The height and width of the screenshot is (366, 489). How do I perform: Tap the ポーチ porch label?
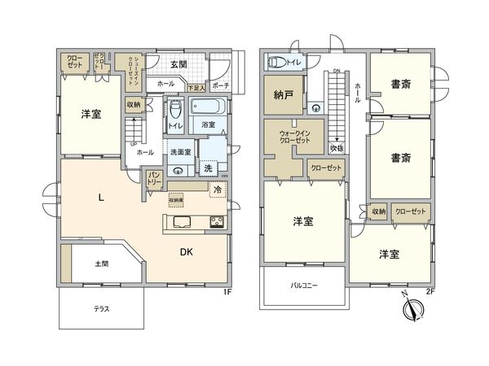pyautogui.click(x=220, y=85)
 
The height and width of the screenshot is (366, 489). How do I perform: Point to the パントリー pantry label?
pyautogui.click(x=154, y=180)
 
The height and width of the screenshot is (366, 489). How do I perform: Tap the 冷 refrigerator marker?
pyautogui.click(x=218, y=189)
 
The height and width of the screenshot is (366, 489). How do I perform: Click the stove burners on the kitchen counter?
pyautogui.click(x=218, y=222)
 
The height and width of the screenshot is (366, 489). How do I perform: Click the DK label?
pyautogui.click(x=187, y=253)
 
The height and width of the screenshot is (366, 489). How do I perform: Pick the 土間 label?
pyautogui.click(x=102, y=264)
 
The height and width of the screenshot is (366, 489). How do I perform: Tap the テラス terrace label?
pyautogui.click(x=102, y=310)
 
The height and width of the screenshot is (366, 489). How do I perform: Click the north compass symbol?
pyautogui.click(x=413, y=310)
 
